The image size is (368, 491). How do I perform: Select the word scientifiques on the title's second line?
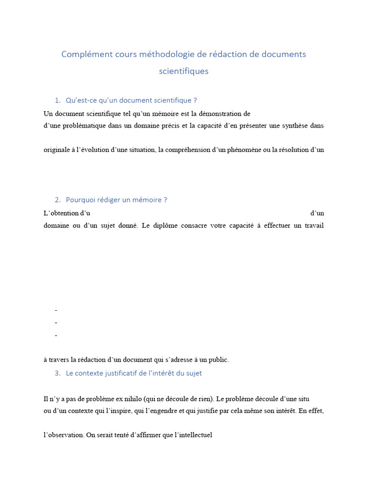click(x=184, y=71)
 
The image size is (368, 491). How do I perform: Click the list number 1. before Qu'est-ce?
click(x=57, y=100)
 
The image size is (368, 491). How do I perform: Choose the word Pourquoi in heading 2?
click(x=80, y=200)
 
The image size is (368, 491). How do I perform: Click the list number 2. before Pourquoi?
click(x=57, y=200)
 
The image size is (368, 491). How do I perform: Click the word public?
click(x=218, y=360)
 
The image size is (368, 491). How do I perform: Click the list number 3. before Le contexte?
click(x=57, y=373)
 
